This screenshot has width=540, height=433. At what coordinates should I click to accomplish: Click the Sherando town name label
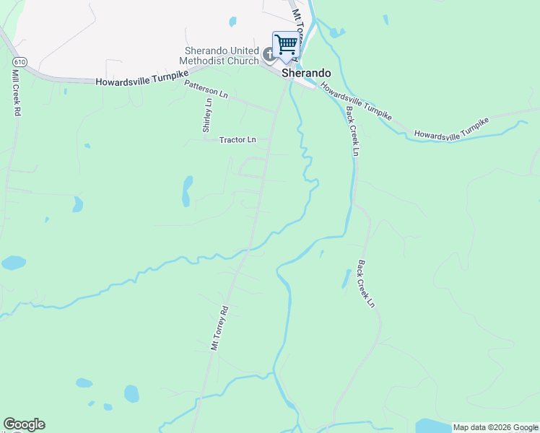click(x=306, y=74)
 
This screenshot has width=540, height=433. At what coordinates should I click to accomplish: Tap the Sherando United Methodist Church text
click(x=222, y=56)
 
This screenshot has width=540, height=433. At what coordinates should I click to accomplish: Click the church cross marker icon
click(x=269, y=53)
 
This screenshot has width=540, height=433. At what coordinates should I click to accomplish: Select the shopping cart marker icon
click(x=286, y=45)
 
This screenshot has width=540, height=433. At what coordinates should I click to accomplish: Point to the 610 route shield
click(x=21, y=63)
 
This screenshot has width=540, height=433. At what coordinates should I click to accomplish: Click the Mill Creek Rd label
click(x=15, y=93)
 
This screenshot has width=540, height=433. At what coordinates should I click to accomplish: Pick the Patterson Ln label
click(x=206, y=89)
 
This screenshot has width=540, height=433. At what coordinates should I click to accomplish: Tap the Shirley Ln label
click(x=208, y=114)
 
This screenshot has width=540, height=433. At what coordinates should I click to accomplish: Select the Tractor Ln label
click(x=238, y=140)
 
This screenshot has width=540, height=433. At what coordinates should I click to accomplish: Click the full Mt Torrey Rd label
click(x=219, y=328)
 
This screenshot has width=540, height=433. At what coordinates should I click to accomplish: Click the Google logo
click(x=24, y=424)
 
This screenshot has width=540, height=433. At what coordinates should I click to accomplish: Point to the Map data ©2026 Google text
click(x=495, y=427)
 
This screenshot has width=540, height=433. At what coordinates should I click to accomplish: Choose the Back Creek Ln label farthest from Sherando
click(x=366, y=284)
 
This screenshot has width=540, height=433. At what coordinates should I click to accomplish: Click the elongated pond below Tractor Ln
click(x=187, y=191)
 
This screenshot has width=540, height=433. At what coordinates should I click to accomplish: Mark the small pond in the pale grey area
click(x=232, y=22)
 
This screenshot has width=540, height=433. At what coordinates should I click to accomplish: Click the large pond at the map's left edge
click(x=13, y=263)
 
